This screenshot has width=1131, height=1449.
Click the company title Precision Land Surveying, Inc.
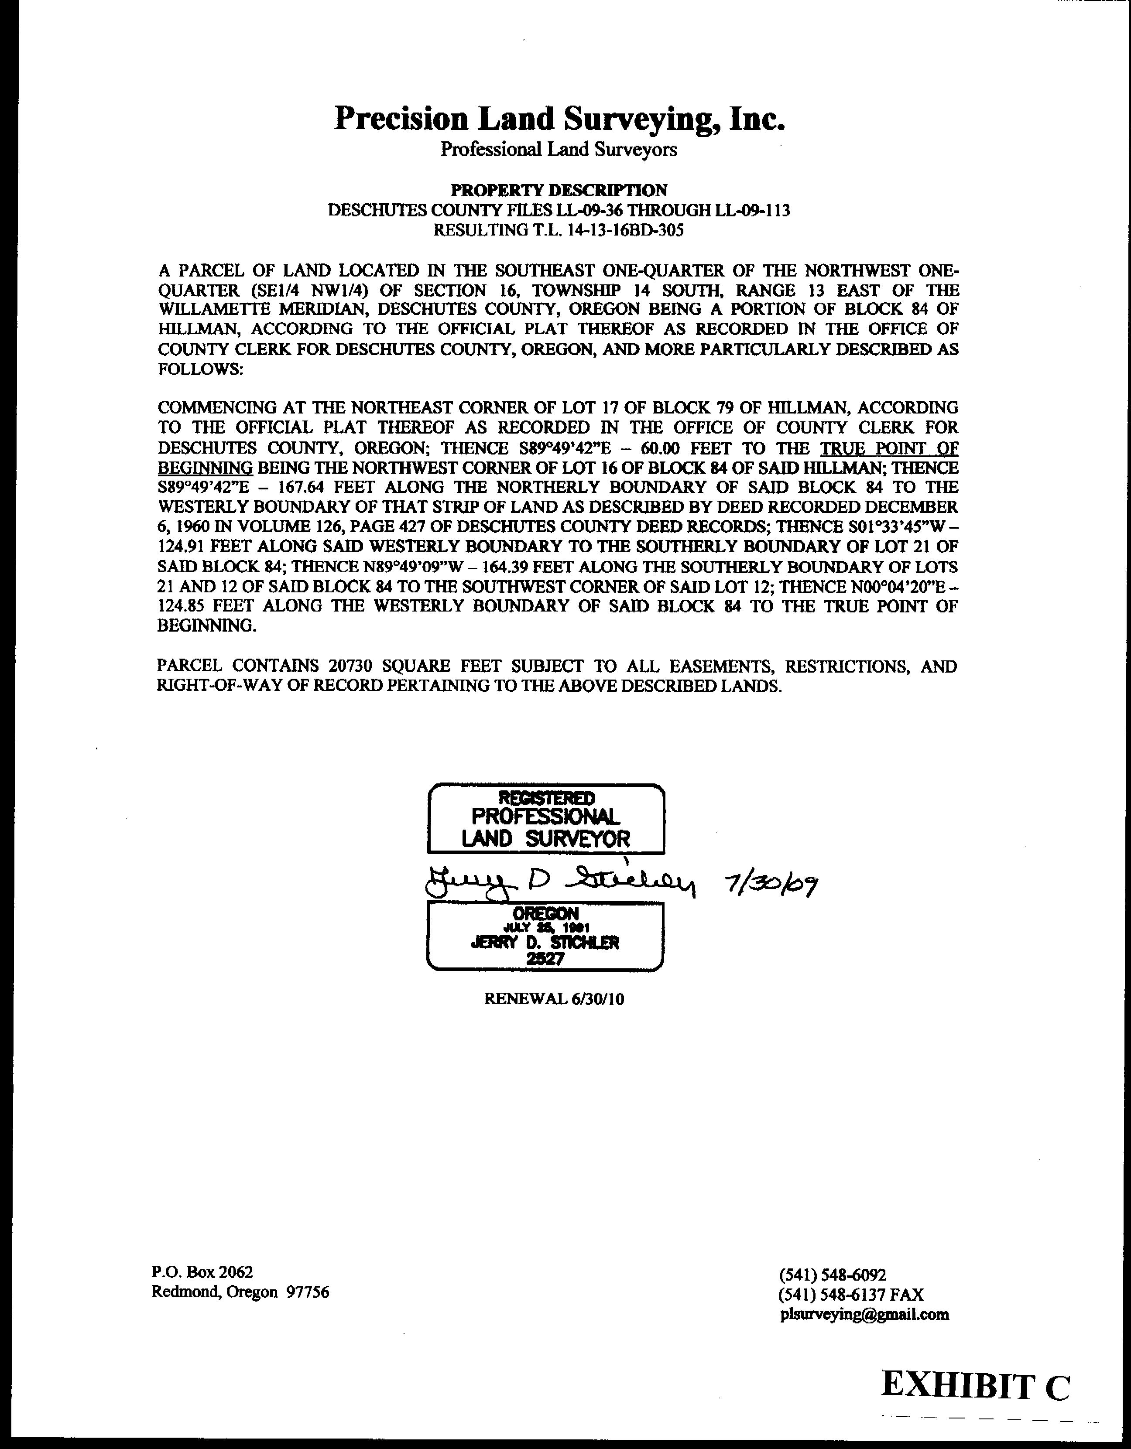559,119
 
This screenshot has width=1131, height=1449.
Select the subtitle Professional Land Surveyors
559,150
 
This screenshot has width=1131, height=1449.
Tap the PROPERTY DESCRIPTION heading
559,191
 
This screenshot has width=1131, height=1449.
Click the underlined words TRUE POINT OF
889,448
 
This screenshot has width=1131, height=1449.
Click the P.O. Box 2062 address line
202,1272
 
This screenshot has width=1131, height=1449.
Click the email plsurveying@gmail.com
865,1314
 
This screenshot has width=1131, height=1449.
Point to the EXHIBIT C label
976,1386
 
